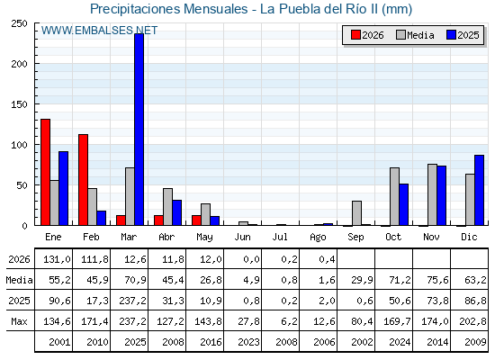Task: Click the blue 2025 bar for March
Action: (x=139, y=130)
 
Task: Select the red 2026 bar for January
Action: (x=45, y=172)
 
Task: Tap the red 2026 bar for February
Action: (x=83, y=180)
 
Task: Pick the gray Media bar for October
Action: (x=395, y=196)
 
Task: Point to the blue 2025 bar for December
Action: (x=479, y=190)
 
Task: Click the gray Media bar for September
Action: (x=356, y=213)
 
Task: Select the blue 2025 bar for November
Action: (x=442, y=195)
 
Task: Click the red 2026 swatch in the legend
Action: (x=355, y=35)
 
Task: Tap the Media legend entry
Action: (x=415, y=35)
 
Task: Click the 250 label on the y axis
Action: (x=19, y=23)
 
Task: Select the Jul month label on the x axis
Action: (x=280, y=237)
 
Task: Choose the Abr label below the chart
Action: (x=166, y=237)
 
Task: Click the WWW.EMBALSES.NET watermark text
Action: (x=99, y=31)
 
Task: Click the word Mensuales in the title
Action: (x=216, y=9)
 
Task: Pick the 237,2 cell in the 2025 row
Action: (x=132, y=301)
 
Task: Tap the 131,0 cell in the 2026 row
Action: (x=57, y=259)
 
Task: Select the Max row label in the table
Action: (x=19, y=321)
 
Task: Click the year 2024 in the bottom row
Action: (x=400, y=342)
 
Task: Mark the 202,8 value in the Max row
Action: (x=472, y=321)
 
